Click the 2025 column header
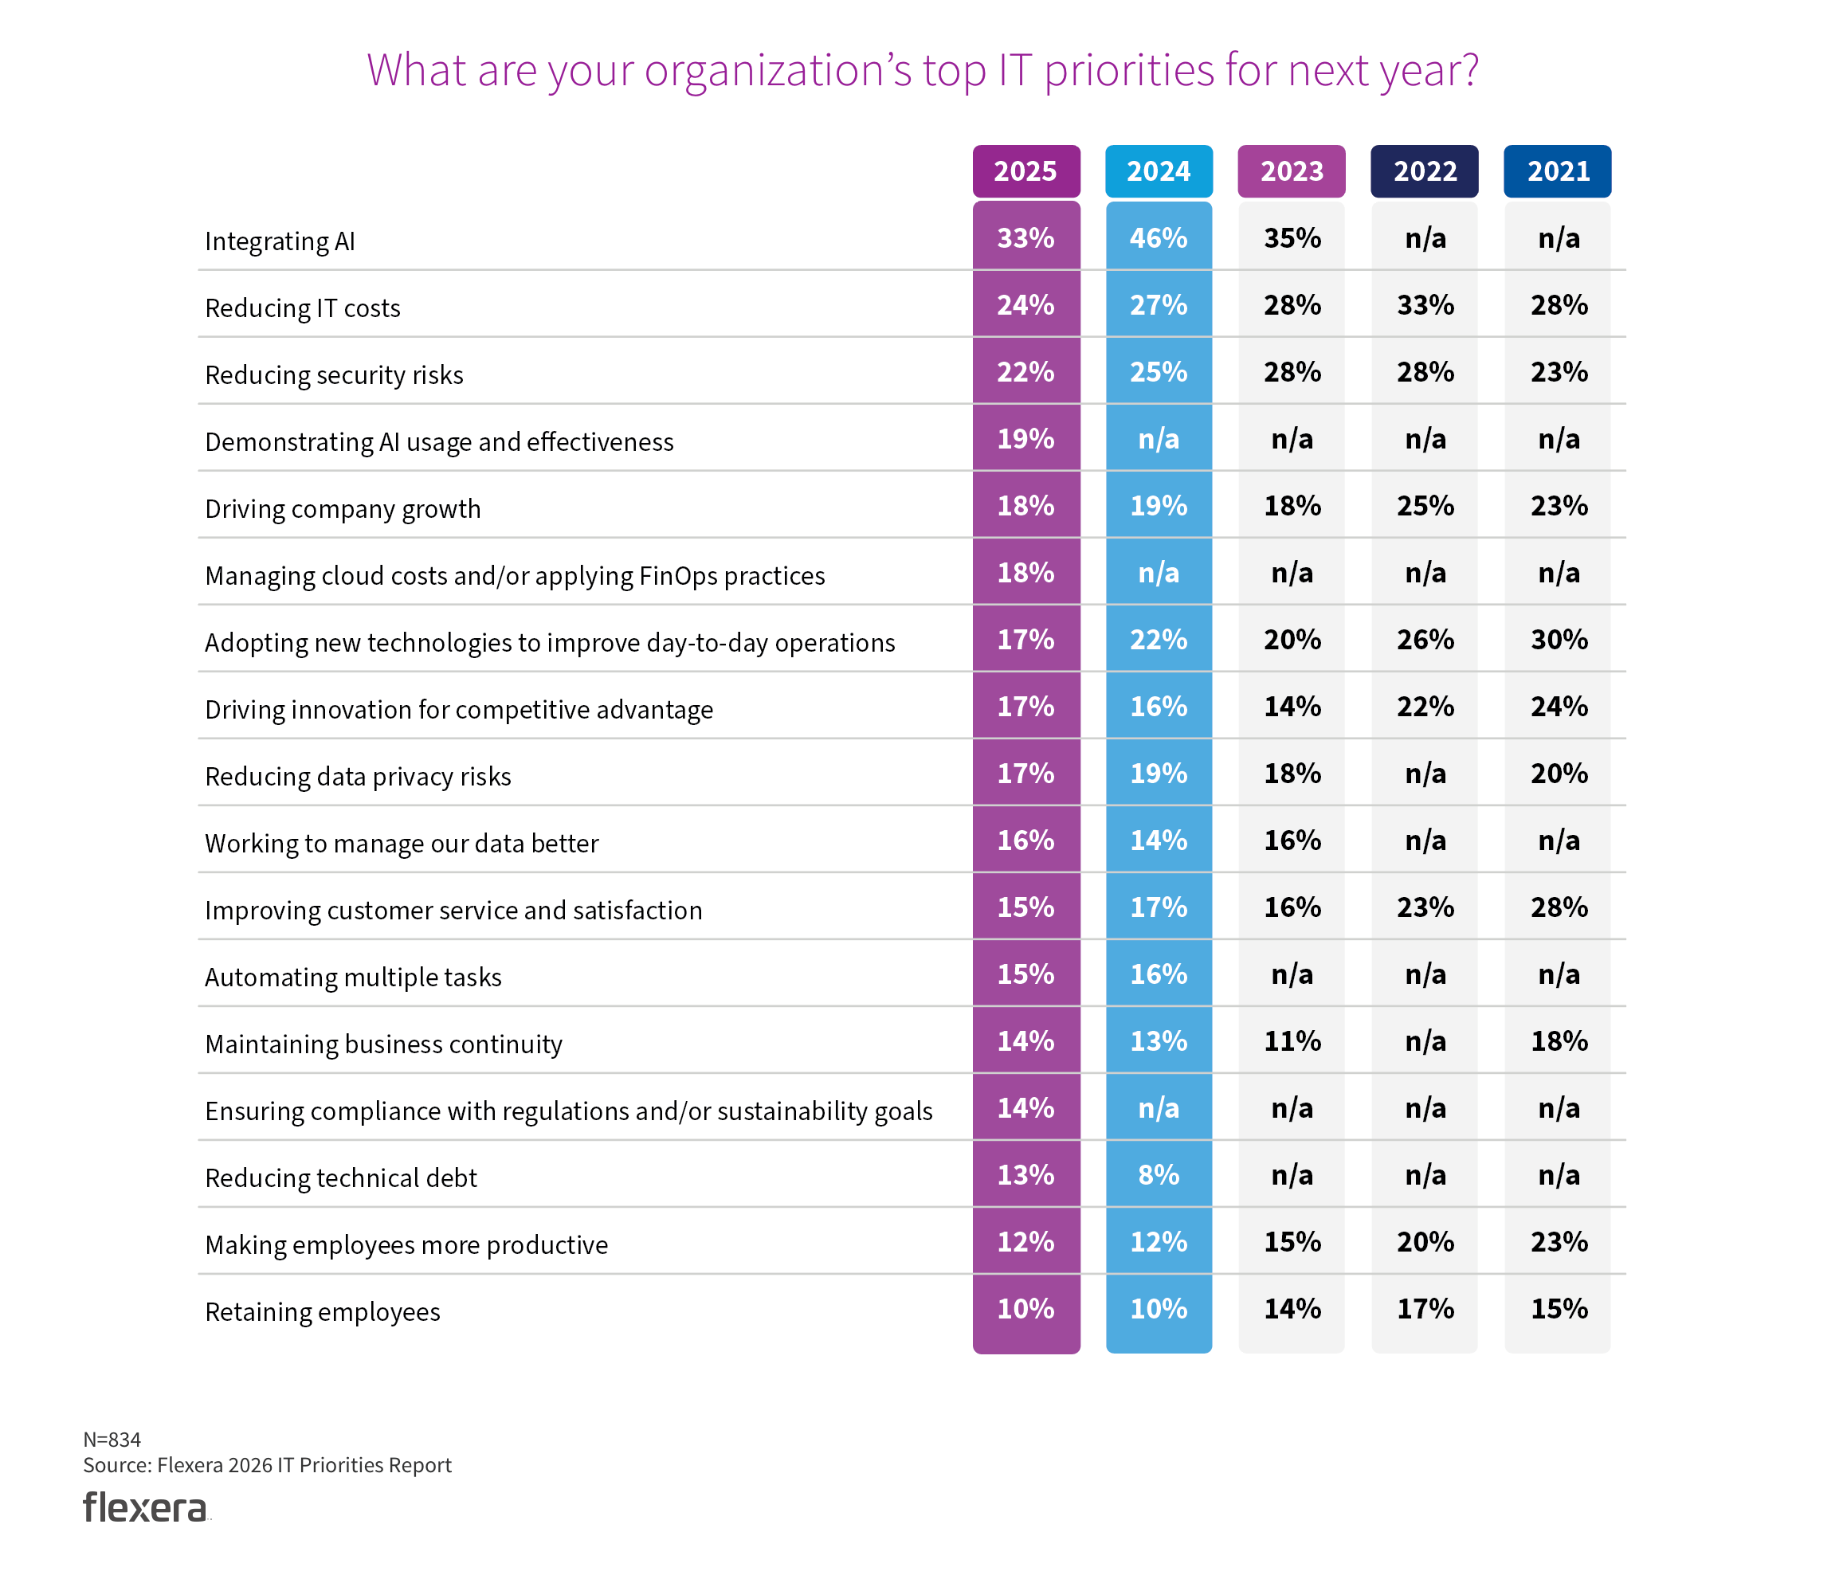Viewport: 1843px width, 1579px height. (1025, 170)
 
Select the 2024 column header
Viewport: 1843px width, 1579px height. (1158, 170)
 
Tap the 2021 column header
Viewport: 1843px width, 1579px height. (1558, 170)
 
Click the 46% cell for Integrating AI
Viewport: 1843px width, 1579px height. (1158, 238)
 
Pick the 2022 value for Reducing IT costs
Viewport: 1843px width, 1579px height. (1424, 305)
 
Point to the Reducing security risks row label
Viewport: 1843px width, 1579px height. (334, 374)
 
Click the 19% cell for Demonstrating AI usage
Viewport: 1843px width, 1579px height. (1025, 438)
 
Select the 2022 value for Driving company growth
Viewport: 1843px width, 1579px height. (1424, 506)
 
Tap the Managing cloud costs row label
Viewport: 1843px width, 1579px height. (514, 575)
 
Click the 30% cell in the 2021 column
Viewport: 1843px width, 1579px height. (1558, 640)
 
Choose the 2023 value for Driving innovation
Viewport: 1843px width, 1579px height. (1292, 707)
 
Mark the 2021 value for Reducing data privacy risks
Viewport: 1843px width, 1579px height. (1558, 773)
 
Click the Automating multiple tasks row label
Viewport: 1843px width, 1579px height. (353, 977)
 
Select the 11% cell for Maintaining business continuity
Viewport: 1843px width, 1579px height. (1292, 1040)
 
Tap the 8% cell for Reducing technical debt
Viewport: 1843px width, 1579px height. (1158, 1175)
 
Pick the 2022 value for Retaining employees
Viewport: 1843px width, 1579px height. (1424, 1309)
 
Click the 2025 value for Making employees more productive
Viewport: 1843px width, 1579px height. (1025, 1242)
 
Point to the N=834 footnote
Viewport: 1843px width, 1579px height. (112, 1439)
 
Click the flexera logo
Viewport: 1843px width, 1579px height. (145, 1507)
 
